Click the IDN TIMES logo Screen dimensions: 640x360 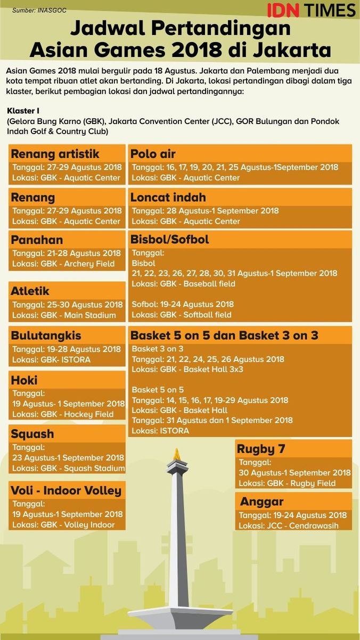311,10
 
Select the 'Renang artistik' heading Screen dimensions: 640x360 55,154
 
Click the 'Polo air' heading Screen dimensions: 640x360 153,154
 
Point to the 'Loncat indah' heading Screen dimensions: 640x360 168,197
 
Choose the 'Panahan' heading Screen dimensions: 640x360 37,240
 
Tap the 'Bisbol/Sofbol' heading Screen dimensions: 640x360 170,240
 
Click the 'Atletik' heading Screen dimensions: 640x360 30,291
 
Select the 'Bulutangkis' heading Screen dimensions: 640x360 46,335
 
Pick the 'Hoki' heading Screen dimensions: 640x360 24,380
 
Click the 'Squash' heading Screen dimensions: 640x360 32,433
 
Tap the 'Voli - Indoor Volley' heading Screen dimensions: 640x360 66,490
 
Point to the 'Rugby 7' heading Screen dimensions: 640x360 261,449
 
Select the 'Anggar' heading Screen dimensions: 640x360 261,502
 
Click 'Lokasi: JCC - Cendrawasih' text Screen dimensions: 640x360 288,526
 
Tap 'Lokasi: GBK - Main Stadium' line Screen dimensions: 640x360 64,315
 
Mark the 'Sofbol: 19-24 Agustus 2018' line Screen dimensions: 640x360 183,305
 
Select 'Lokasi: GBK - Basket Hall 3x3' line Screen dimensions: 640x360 187,369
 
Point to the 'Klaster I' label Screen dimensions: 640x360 23,111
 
